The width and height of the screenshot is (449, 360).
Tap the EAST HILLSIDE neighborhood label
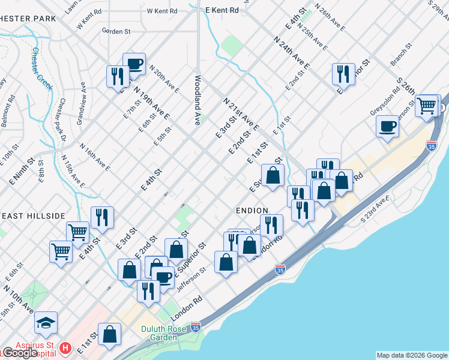tap(33, 216)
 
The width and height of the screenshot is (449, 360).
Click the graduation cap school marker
tap(46, 324)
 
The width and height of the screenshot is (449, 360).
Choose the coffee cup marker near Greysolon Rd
tap(388, 127)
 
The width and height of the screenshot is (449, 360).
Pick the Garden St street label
tap(116, 31)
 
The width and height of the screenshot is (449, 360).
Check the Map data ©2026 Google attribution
tap(412, 355)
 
